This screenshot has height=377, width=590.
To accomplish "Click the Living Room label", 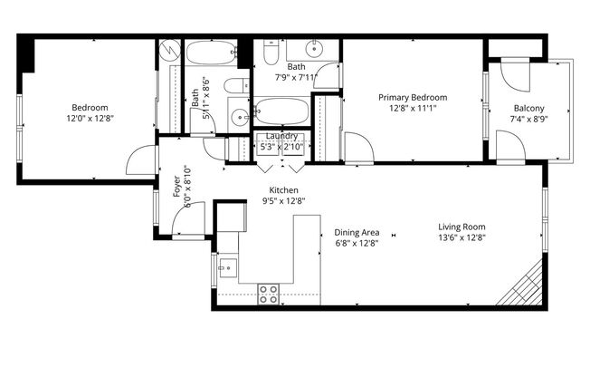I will [462, 227].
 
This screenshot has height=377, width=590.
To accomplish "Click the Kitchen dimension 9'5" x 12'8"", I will [284, 201].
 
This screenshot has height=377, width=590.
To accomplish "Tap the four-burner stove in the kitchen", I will [269, 294].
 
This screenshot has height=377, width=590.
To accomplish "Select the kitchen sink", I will [228, 268].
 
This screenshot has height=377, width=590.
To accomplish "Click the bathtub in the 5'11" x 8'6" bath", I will [210, 53].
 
